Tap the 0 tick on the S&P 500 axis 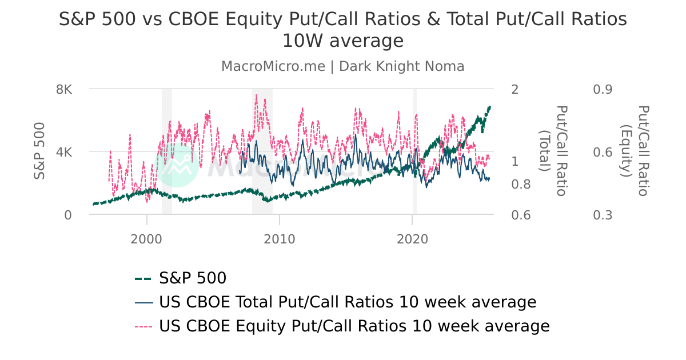click(x=67, y=215)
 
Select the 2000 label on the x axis click(x=147, y=239)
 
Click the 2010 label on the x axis click(x=280, y=239)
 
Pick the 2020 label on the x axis click(x=412, y=239)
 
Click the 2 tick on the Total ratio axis click(x=514, y=89)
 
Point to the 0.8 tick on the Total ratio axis click(x=520, y=184)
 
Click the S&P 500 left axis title click(x=39, y=151)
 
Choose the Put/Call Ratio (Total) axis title click(x=553, y=151)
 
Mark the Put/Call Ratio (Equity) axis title click(x=634, y=151)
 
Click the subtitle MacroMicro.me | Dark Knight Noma click(x=343, y=66)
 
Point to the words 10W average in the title click(x=343, y=41)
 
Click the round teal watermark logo click(x=177, y=165)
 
